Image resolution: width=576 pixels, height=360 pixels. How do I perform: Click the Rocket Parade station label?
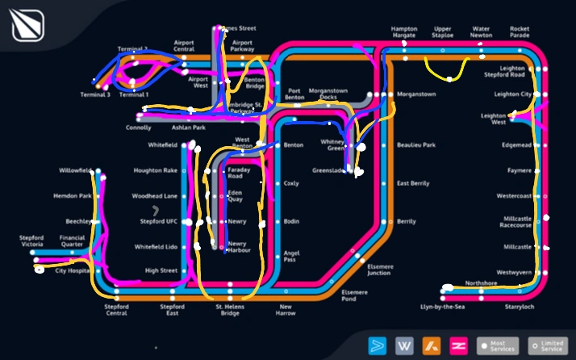520,32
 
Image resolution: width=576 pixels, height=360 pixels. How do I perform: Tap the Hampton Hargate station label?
403,32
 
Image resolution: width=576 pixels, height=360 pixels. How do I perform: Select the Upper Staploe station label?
442,32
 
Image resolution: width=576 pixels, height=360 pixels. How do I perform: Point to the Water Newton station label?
481,32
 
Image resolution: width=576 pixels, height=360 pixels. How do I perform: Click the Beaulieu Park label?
416,145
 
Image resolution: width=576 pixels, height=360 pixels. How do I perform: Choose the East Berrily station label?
413,183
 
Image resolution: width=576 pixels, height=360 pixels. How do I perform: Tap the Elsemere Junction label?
378,270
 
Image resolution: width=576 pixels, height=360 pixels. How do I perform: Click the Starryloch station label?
519,307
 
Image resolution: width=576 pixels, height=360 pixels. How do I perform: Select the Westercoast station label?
514,196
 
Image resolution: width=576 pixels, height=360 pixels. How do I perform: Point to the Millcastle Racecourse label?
517,222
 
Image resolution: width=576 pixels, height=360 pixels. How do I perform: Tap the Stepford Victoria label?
32,241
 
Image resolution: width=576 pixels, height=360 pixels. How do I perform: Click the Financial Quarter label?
72,241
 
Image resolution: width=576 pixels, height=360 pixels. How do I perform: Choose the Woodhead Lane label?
154,196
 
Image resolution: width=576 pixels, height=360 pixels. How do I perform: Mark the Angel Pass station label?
291,256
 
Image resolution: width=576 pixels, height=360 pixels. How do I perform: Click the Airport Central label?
184,45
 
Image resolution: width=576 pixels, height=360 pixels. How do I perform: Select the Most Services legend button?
497,345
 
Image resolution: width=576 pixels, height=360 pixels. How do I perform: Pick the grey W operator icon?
404,345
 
